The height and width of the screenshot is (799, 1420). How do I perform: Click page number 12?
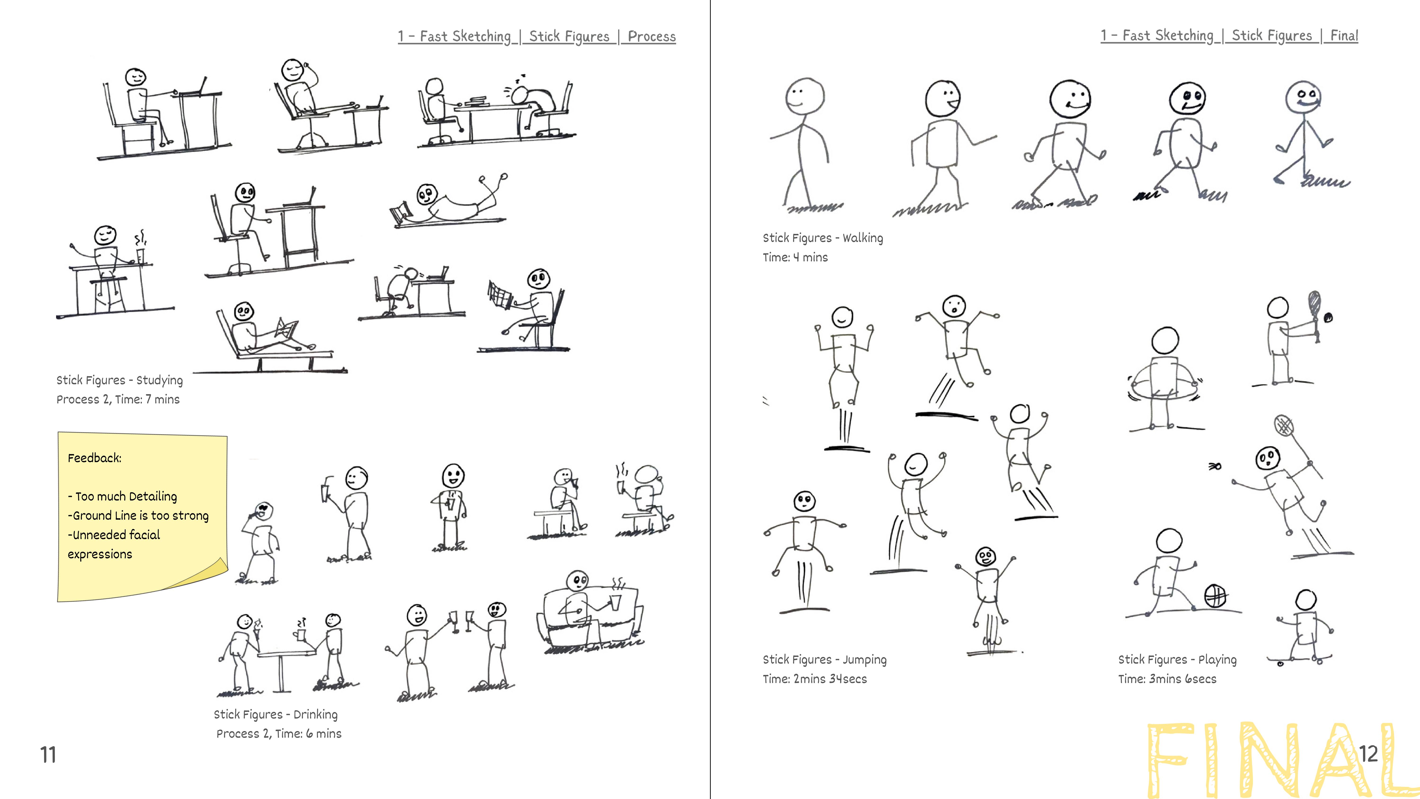pos(1368,754)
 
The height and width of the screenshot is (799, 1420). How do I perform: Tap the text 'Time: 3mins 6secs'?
pos(1167,679)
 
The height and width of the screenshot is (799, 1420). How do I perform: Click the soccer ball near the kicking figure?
pos(1216,596)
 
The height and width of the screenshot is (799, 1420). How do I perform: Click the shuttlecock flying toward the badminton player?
pos(1214,466)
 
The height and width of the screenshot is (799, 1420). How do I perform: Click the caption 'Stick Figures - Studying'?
pos(119,380)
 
